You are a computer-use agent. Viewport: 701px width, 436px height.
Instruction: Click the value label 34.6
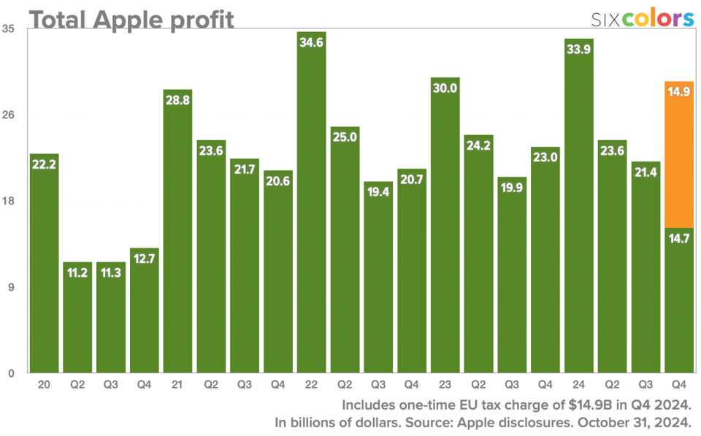(x=312, y=42)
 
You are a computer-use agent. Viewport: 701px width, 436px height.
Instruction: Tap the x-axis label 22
(x=312, y=383)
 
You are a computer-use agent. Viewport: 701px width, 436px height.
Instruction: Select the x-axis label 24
(x=579, y=383)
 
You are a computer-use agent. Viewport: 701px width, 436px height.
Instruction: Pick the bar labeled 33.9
(x=579, y=219)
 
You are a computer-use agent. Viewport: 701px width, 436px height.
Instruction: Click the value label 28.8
(x=178, y=100)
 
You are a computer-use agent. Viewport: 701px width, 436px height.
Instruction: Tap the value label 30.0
(x=445, y=88)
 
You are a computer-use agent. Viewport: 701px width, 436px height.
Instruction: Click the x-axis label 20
(x=44, y=383)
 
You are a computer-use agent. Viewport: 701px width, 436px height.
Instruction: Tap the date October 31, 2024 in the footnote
(x=632, y=422)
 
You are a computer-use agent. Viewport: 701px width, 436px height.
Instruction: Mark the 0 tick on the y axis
(x=11, y=373)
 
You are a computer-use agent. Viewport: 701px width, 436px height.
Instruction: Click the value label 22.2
(x=44, y=165)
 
